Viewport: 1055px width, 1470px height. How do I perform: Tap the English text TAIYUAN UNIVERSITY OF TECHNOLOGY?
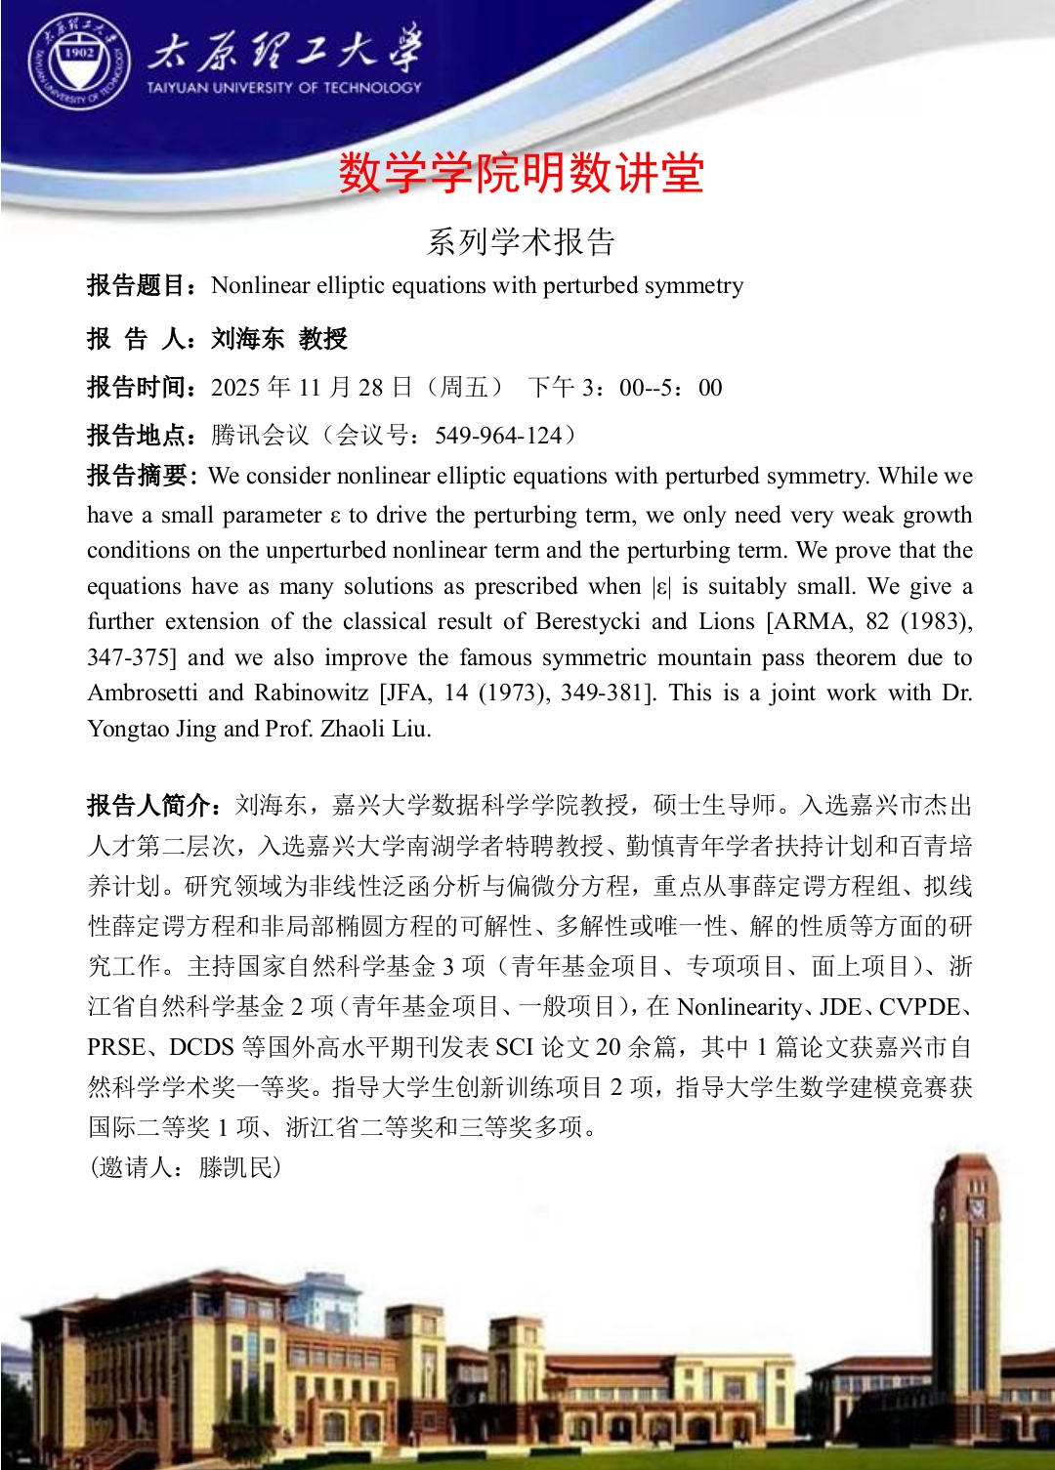point(283,87)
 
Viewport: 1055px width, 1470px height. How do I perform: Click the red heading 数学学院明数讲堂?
point(522,174)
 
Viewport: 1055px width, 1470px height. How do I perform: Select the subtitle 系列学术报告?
point(522,241)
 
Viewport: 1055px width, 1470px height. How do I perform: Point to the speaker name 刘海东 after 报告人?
point(247,339)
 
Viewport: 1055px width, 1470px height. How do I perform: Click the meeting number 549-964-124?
point(498,435)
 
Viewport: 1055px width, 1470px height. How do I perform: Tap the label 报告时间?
point(137,388)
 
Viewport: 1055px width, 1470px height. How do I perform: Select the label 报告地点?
point(137,435)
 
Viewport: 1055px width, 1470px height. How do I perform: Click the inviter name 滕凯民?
point(238,1167)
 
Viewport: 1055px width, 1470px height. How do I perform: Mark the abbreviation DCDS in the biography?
point(201,1047)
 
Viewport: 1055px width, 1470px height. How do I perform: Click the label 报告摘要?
point(137,476)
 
